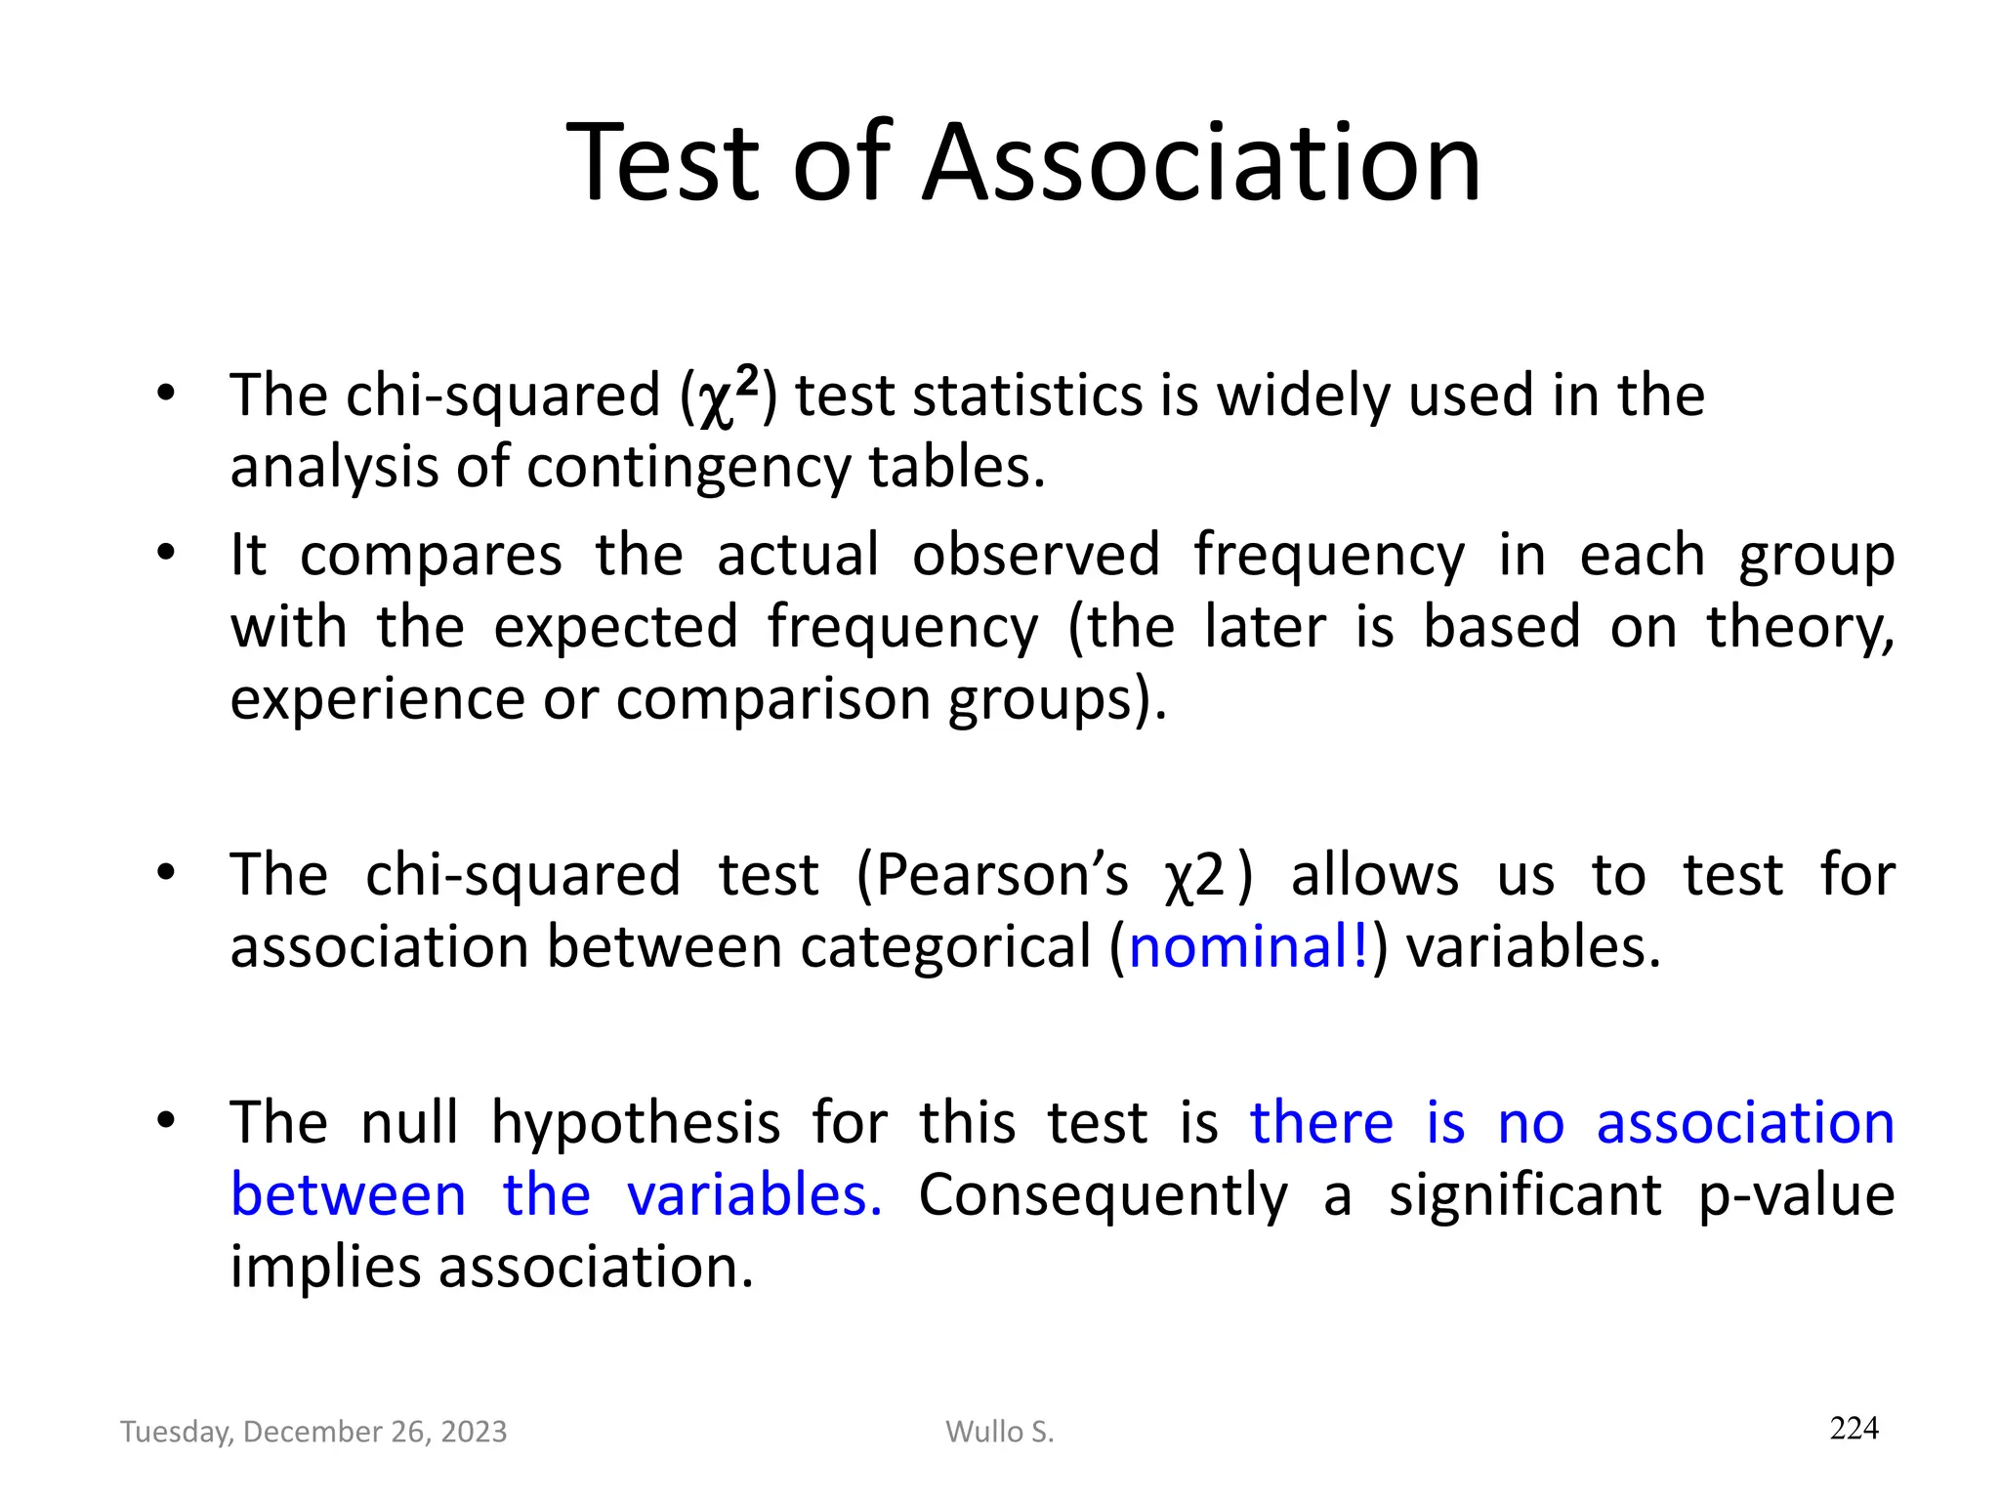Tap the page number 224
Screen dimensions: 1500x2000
pyautogui.click(x=1854, y=1428)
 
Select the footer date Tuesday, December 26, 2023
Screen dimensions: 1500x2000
pyautogui.click(x=313, y=1432)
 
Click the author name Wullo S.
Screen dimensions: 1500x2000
pyautogui.click(x=1000, y=1432)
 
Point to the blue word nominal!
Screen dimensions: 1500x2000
pyautogui.click(x=1249, y=946)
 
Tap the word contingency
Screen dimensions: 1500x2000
pyautogui.click(x=689, y=468)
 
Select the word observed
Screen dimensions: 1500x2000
pyautogui.click(x=1036, y=555)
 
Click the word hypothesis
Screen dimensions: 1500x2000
pyautogui.click(x=635, y=1122)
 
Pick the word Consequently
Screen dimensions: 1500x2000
pyautogui.click(x=1103, y=1194)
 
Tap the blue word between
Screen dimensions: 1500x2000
pyautogui.click(x=349, y=1194)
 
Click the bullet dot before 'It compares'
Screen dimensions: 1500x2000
pyautogui.click(x=166, y=553)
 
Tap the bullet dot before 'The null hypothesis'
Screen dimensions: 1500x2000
pyautogui.click(x=166, y=1120)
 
